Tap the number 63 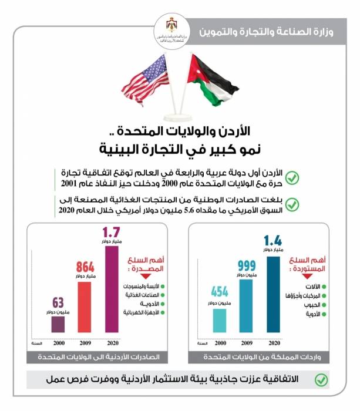coord(58,302)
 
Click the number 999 coord(247,265)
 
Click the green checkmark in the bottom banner coord(321,380)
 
